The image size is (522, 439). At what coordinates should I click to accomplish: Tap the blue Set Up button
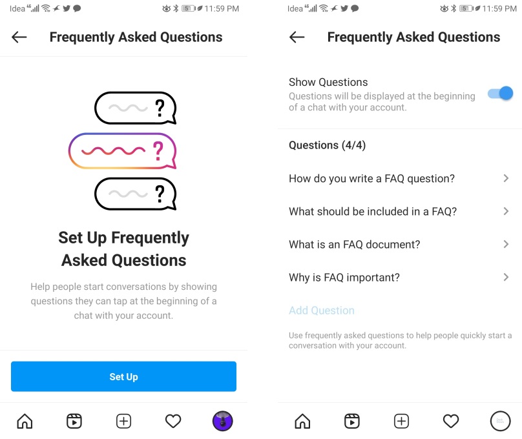[123, 376]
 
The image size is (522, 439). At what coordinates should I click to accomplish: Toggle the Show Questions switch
[500, 94]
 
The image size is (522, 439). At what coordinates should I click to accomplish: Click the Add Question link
[322, 311]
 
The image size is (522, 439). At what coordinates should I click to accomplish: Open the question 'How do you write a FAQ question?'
[371, 179]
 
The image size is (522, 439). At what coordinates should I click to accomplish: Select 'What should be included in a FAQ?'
[373, 212]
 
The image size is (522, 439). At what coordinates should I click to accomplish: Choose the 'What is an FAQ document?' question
[355, 245]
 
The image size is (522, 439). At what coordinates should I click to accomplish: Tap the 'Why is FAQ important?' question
[344, 278]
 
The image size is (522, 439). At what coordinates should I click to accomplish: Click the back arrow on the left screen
[19, 37]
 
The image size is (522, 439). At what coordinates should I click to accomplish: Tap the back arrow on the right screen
[297, 37]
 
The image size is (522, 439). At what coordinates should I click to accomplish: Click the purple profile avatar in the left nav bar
[222, 421]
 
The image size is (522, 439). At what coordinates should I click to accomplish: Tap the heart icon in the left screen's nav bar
[173, 421]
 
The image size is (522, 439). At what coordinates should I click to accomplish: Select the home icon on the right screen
[302, 421]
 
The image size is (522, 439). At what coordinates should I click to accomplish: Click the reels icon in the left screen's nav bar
[74, 421]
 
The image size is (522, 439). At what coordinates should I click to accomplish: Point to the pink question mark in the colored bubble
[158, 150]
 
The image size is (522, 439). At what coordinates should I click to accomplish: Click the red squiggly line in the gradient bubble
[113, 150]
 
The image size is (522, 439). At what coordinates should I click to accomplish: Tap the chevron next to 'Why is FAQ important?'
[506, 277]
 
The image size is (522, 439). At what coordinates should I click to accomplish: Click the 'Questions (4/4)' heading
[328, 145]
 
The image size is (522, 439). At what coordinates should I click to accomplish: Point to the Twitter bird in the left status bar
[67, 8]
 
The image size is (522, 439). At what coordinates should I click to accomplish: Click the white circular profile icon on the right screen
[500, 421]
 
